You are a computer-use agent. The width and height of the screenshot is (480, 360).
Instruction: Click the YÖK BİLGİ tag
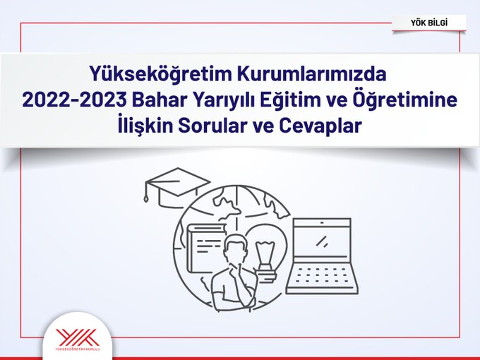click(x=428, y=23)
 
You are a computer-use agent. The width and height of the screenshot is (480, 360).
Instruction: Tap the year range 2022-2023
click(x=68, y=101)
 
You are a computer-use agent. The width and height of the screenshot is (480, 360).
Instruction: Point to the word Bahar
click(x=149, y=101)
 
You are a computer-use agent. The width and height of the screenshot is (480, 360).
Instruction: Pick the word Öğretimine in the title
click(x=402, y=101)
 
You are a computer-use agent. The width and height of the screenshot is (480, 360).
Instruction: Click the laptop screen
click(x=322, y=239)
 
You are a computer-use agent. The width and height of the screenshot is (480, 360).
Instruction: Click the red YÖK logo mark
click(x=77, y=337)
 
